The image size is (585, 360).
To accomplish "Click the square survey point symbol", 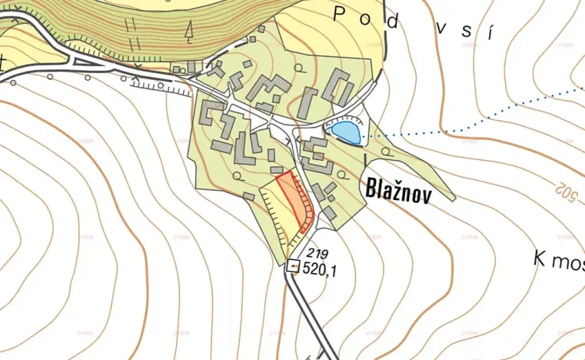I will [x=293, y=266].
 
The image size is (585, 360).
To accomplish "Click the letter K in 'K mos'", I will [x=539, y=258].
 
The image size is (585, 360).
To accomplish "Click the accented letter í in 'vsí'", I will [x=488, y=33].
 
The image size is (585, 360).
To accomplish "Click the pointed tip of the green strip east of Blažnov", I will [x=454, y=198].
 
